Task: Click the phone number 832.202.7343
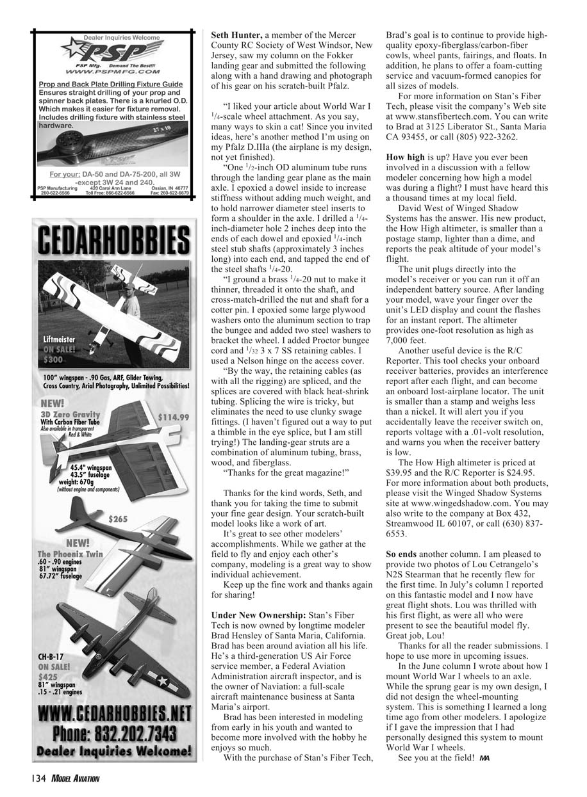(x=114, y=732)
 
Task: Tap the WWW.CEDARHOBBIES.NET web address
(x=114, y=713)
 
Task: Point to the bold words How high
(x=406, y=157)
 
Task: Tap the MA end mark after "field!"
(x=484, y=759)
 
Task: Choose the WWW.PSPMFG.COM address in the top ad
(x=112, y=73)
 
